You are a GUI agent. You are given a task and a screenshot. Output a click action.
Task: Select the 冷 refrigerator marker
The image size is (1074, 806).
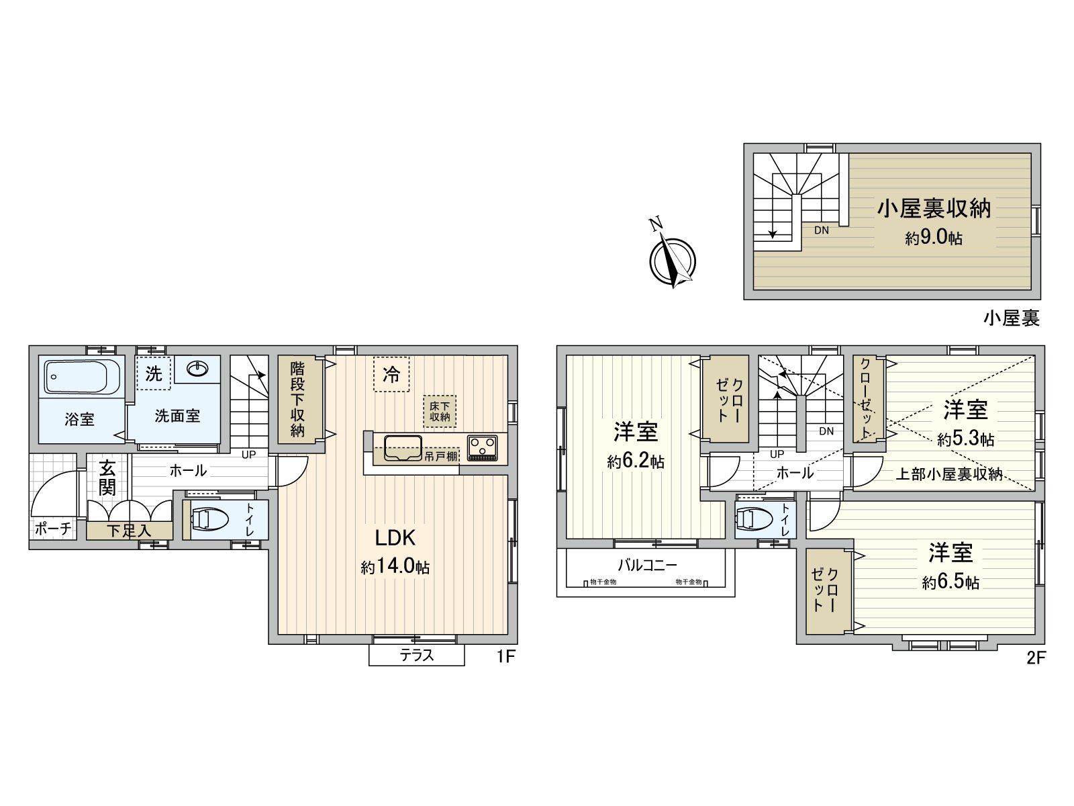tap(391, 375)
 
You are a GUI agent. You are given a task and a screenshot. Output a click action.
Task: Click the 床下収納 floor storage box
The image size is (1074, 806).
tap(440, 411)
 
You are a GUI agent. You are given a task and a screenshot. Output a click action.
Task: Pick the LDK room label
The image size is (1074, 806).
tap(395, 538)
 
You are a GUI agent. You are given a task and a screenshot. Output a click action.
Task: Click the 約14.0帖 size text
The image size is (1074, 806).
tap(395, 568)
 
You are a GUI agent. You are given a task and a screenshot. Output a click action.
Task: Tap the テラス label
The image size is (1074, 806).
tap(417, 656)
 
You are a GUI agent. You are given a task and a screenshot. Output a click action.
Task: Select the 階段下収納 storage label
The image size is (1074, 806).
tap(297, 400)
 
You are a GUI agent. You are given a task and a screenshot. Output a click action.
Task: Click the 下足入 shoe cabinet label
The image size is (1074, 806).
tap(128, 531)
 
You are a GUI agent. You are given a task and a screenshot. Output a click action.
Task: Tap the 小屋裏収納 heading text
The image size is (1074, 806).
tap(934, 209)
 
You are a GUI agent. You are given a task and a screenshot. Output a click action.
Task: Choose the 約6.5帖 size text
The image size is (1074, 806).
tap(950, 582)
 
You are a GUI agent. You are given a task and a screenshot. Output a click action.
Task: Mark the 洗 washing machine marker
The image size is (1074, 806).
tap(154, 373)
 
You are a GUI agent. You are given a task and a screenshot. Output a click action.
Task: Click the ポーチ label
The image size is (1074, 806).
tap(52, 529)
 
